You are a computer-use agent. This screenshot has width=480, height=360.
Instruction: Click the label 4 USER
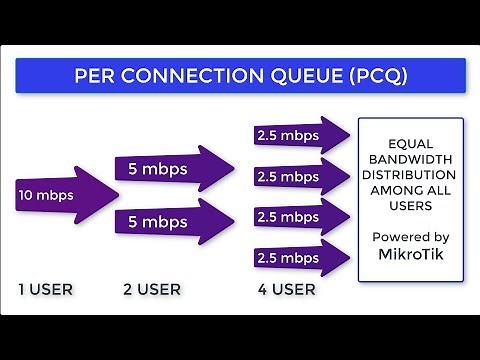284,290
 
